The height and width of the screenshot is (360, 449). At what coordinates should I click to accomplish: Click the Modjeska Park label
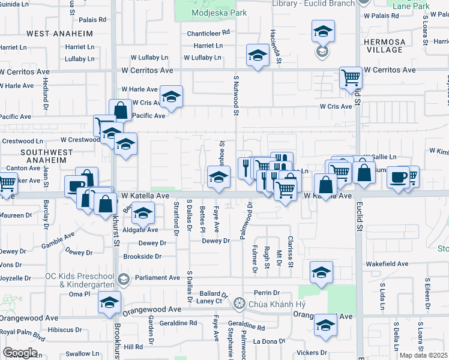210,13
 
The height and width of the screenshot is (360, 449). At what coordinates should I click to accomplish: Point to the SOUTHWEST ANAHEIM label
47,157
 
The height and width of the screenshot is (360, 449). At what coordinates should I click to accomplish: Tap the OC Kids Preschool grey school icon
123,278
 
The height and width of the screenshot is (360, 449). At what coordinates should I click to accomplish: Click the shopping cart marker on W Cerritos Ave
351,77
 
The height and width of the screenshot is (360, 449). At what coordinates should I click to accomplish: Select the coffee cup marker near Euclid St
399,177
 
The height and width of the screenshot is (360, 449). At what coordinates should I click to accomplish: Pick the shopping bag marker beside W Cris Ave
121,110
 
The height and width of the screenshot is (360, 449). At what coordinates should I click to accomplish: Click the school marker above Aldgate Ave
143,213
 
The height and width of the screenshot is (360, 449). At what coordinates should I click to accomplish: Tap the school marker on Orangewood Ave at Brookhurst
109,302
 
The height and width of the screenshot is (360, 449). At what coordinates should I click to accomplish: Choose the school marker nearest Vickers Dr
325,325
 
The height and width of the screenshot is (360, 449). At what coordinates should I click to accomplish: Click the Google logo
20,353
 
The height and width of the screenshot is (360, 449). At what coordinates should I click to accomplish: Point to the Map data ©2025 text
423,355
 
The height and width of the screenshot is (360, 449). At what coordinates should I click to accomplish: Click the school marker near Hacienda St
258,56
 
